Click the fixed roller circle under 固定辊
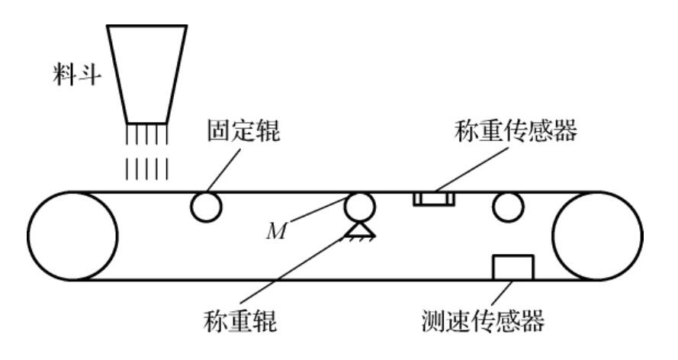point(207,206)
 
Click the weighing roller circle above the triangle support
point(360,205)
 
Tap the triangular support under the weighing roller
point(360,228)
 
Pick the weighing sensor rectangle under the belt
point(434,200)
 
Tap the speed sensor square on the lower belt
point(513,268)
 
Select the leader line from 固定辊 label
point(225,169)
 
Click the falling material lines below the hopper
point(146,153)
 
